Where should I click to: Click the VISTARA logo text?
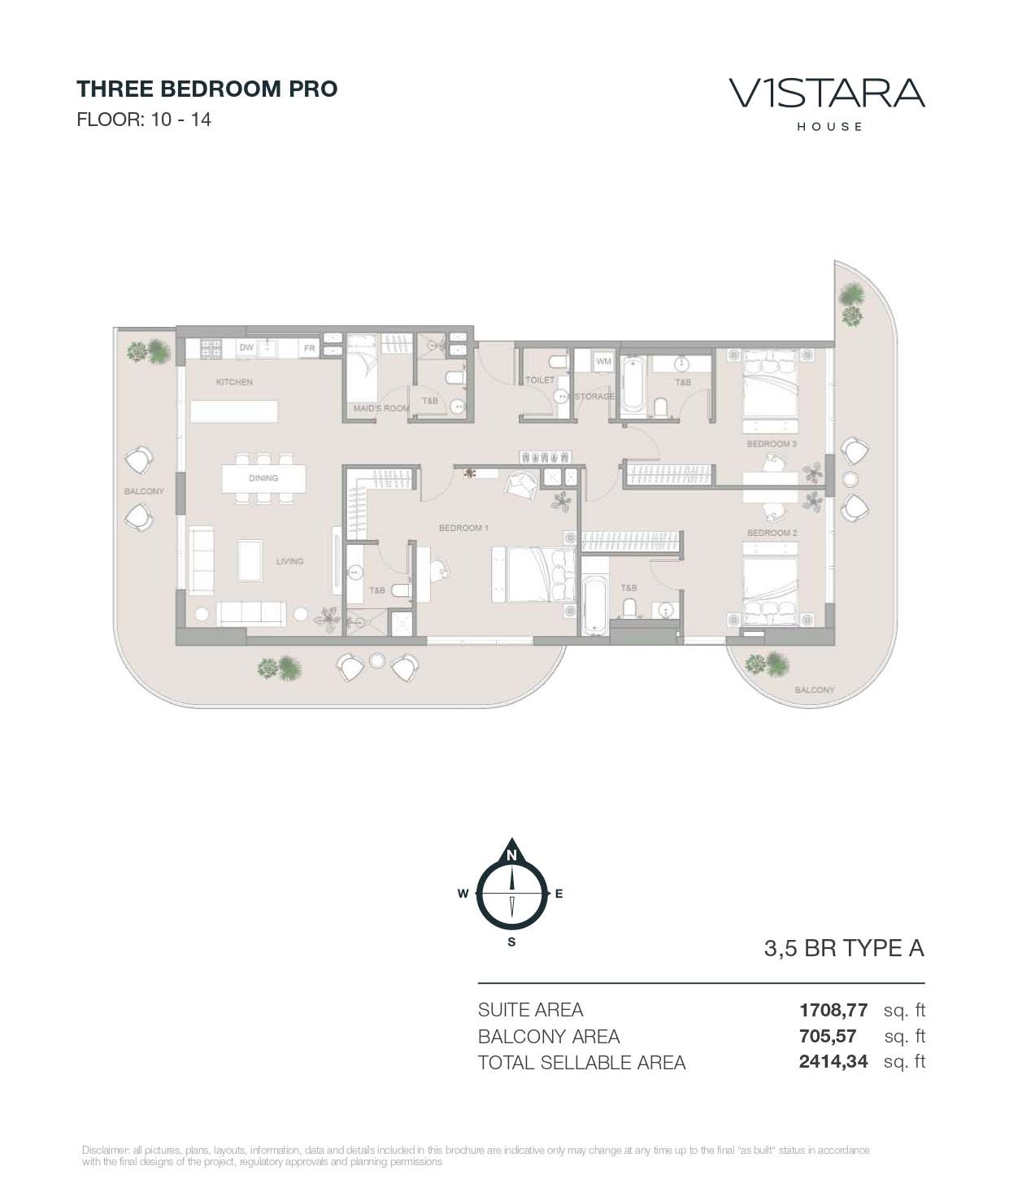[x=827, y=93]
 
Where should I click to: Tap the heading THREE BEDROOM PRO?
[x=207, y=89]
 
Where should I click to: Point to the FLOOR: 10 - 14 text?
[x=144, y=120]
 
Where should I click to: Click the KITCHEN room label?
[x=234, y=382]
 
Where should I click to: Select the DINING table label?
[x=263, y=478]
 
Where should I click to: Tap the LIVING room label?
[x=289, y=561]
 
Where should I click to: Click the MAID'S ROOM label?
[x=381, y=408]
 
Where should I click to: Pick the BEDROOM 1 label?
[x=463, y=529]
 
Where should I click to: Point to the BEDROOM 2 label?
[x=772, y=533]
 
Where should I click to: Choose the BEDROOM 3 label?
[x=772, y=445]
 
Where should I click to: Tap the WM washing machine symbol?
[x=603, y=361]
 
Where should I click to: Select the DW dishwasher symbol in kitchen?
[x=246, y=348]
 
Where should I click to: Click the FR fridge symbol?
[x=309, y=349]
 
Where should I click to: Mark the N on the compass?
[x=511, y=855]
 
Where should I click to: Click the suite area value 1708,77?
[x=833, y=1011]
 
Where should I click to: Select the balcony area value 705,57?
[x=828, y=1037]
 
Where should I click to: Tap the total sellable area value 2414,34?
[x=833, y=1062]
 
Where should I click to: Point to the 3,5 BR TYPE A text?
[x=844, y=949]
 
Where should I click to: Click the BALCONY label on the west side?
[x=144, y=492]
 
